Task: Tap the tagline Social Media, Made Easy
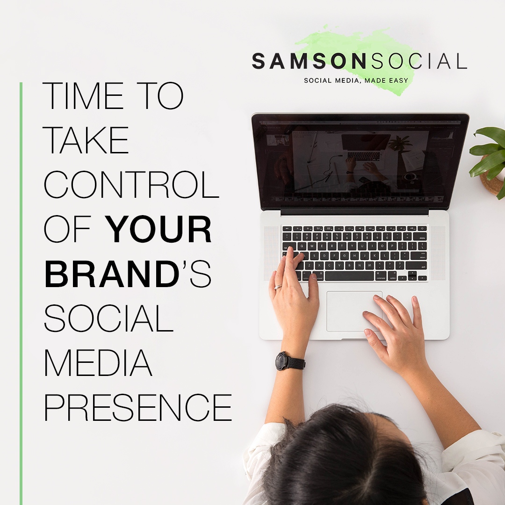[356, 80]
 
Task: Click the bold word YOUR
[159, 231]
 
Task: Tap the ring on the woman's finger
[278, 287]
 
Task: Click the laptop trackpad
[354, 311]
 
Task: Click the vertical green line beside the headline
[21, 290]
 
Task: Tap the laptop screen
[360, 161]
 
